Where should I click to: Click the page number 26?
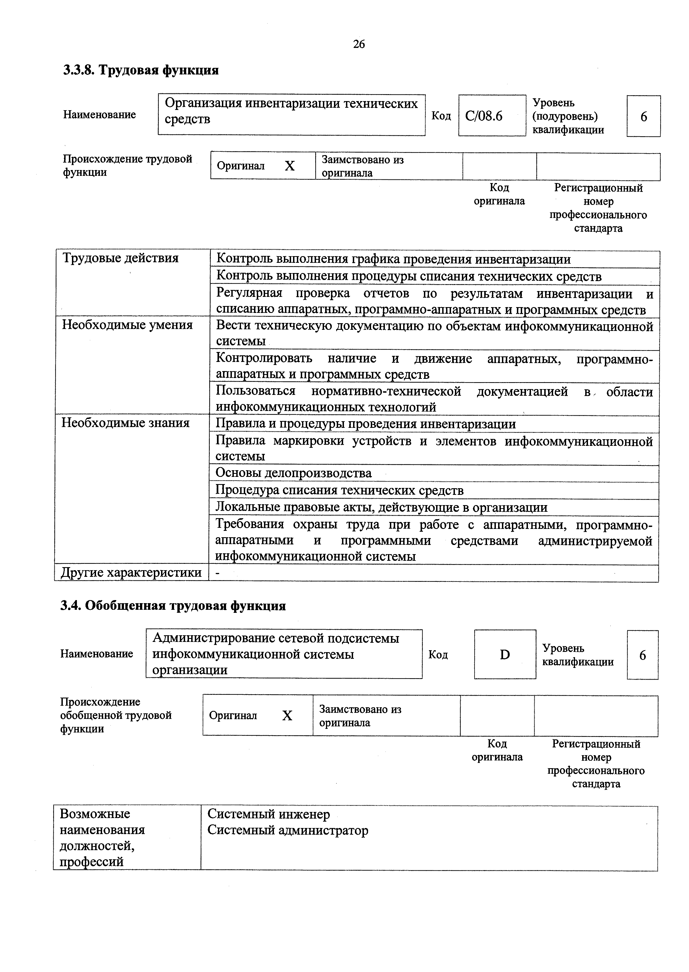pyautogui.click(x=359, y=44)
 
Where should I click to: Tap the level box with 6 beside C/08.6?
pyautogui.click(x=643, y=116)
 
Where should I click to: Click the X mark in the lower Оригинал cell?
pyautogui.click(x=287, y=716)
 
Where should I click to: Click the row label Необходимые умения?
pyautogui.click(x=127, y=325)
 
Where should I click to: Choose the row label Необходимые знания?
pyautogui.click(x=126, y=423)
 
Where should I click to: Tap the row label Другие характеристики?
pyautogui.click(x=131, y=572)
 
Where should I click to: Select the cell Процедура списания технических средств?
pyautogui.click(x=340, y=490)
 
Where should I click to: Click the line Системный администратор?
pyautogui.click(x=288, y=830)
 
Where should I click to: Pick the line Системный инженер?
pyautogui.click(x=269, y=814)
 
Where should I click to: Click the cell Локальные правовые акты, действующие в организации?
pyautogui.click(x=381, y=507)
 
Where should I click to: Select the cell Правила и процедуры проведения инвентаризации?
pyautogui.click(x=366, y=424)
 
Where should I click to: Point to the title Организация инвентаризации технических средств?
pyautogui.click(x=291, y=111)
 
